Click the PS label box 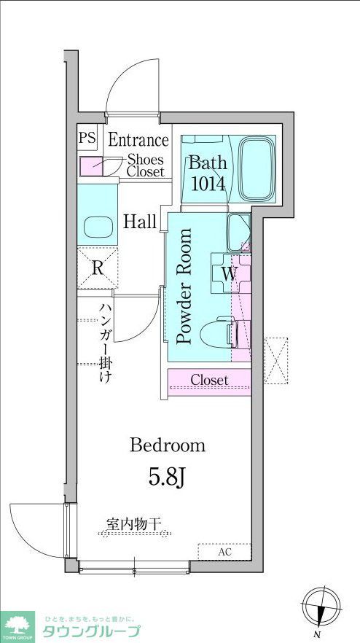click(87, 138)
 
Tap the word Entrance click(138, 140)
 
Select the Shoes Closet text click(145, 165)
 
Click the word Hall click(140, 222)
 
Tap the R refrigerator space click(97, 268)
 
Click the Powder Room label click(185, 287)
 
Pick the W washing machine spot click(229, 275)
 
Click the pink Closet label click(210, 381)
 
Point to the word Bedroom click(168, 445)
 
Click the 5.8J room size click(169, 478)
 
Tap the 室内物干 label click(138, 523)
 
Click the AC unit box click(224, 552)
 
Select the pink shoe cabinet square click(91, 166)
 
